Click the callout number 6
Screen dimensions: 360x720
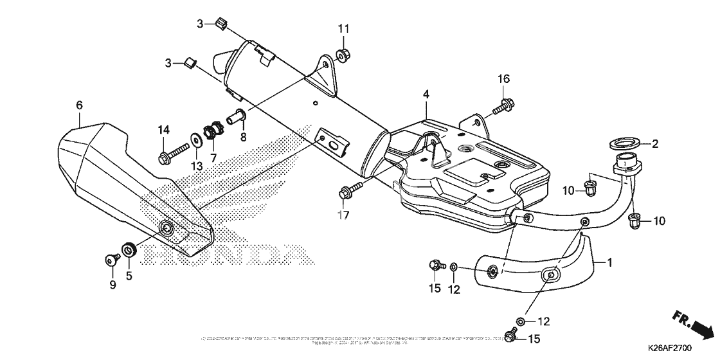(x=79, y=104)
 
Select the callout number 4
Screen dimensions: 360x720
(x=426, y=94)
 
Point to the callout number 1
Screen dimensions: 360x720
(x=609, y=262)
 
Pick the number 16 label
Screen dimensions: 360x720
(x=503, y=78)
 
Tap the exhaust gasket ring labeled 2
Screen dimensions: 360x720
(x=622, y=143)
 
